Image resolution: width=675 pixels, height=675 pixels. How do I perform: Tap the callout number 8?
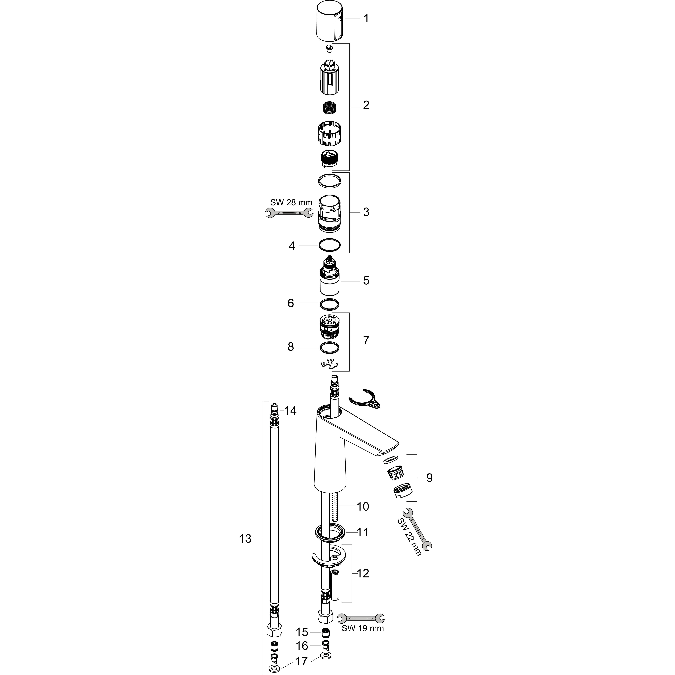291,347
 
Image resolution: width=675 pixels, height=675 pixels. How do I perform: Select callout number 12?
363,573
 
